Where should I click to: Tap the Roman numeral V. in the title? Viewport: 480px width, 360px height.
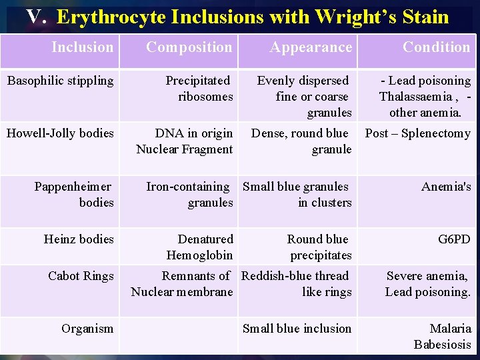tap(36, 17)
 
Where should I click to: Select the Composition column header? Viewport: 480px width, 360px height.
tap(189, 47)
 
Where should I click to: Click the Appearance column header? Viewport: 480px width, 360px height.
tap(311, 47)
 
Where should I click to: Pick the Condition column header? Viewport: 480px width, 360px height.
tap(436, 47)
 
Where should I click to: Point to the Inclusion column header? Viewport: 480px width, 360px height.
tap(83, 47)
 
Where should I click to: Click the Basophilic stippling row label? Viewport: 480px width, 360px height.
tap(60, 81)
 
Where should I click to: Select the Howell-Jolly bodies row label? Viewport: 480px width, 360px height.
tap(60, 133)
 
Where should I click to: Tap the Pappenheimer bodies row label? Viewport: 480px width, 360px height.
tap(73, 194)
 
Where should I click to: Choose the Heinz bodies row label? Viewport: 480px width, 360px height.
tap(79, 239)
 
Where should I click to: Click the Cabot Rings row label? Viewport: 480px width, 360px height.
tap(81, 275)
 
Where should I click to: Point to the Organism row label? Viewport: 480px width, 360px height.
tap(87, 328)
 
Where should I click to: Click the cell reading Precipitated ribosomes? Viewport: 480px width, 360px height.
tap(199, 89)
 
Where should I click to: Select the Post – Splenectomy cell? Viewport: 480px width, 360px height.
tap(417, 133)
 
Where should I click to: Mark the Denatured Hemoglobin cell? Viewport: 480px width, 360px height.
tap(199, 247)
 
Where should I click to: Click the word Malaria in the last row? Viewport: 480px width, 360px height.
tap(450, 328)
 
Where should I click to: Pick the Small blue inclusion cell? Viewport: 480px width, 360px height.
tap(297, 328)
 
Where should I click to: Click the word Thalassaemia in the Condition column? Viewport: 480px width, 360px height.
tap(415, 97)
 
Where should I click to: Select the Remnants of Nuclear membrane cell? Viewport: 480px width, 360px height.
tap(183, 283)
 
